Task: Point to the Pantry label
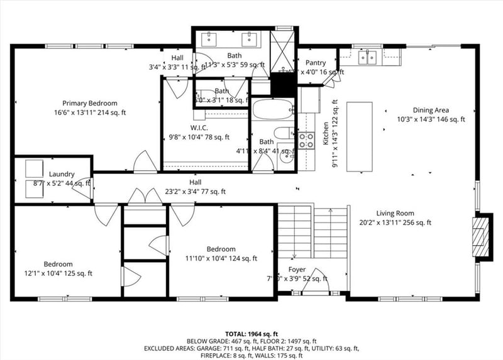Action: (316, 63)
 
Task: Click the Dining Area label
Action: (430, 109)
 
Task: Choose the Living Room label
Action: (395, 213)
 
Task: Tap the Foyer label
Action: (297, 270)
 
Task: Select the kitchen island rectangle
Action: (359, 137)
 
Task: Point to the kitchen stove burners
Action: (306, 141)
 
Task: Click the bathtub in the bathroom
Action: (272, 111)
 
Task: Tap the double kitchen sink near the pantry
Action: (368, 58)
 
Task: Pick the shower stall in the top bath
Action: (283, 49)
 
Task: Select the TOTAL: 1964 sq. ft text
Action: (251, 334)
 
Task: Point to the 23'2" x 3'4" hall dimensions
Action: (196, 192)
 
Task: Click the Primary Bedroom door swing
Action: (145, 162)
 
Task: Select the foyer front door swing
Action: (315, 283)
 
